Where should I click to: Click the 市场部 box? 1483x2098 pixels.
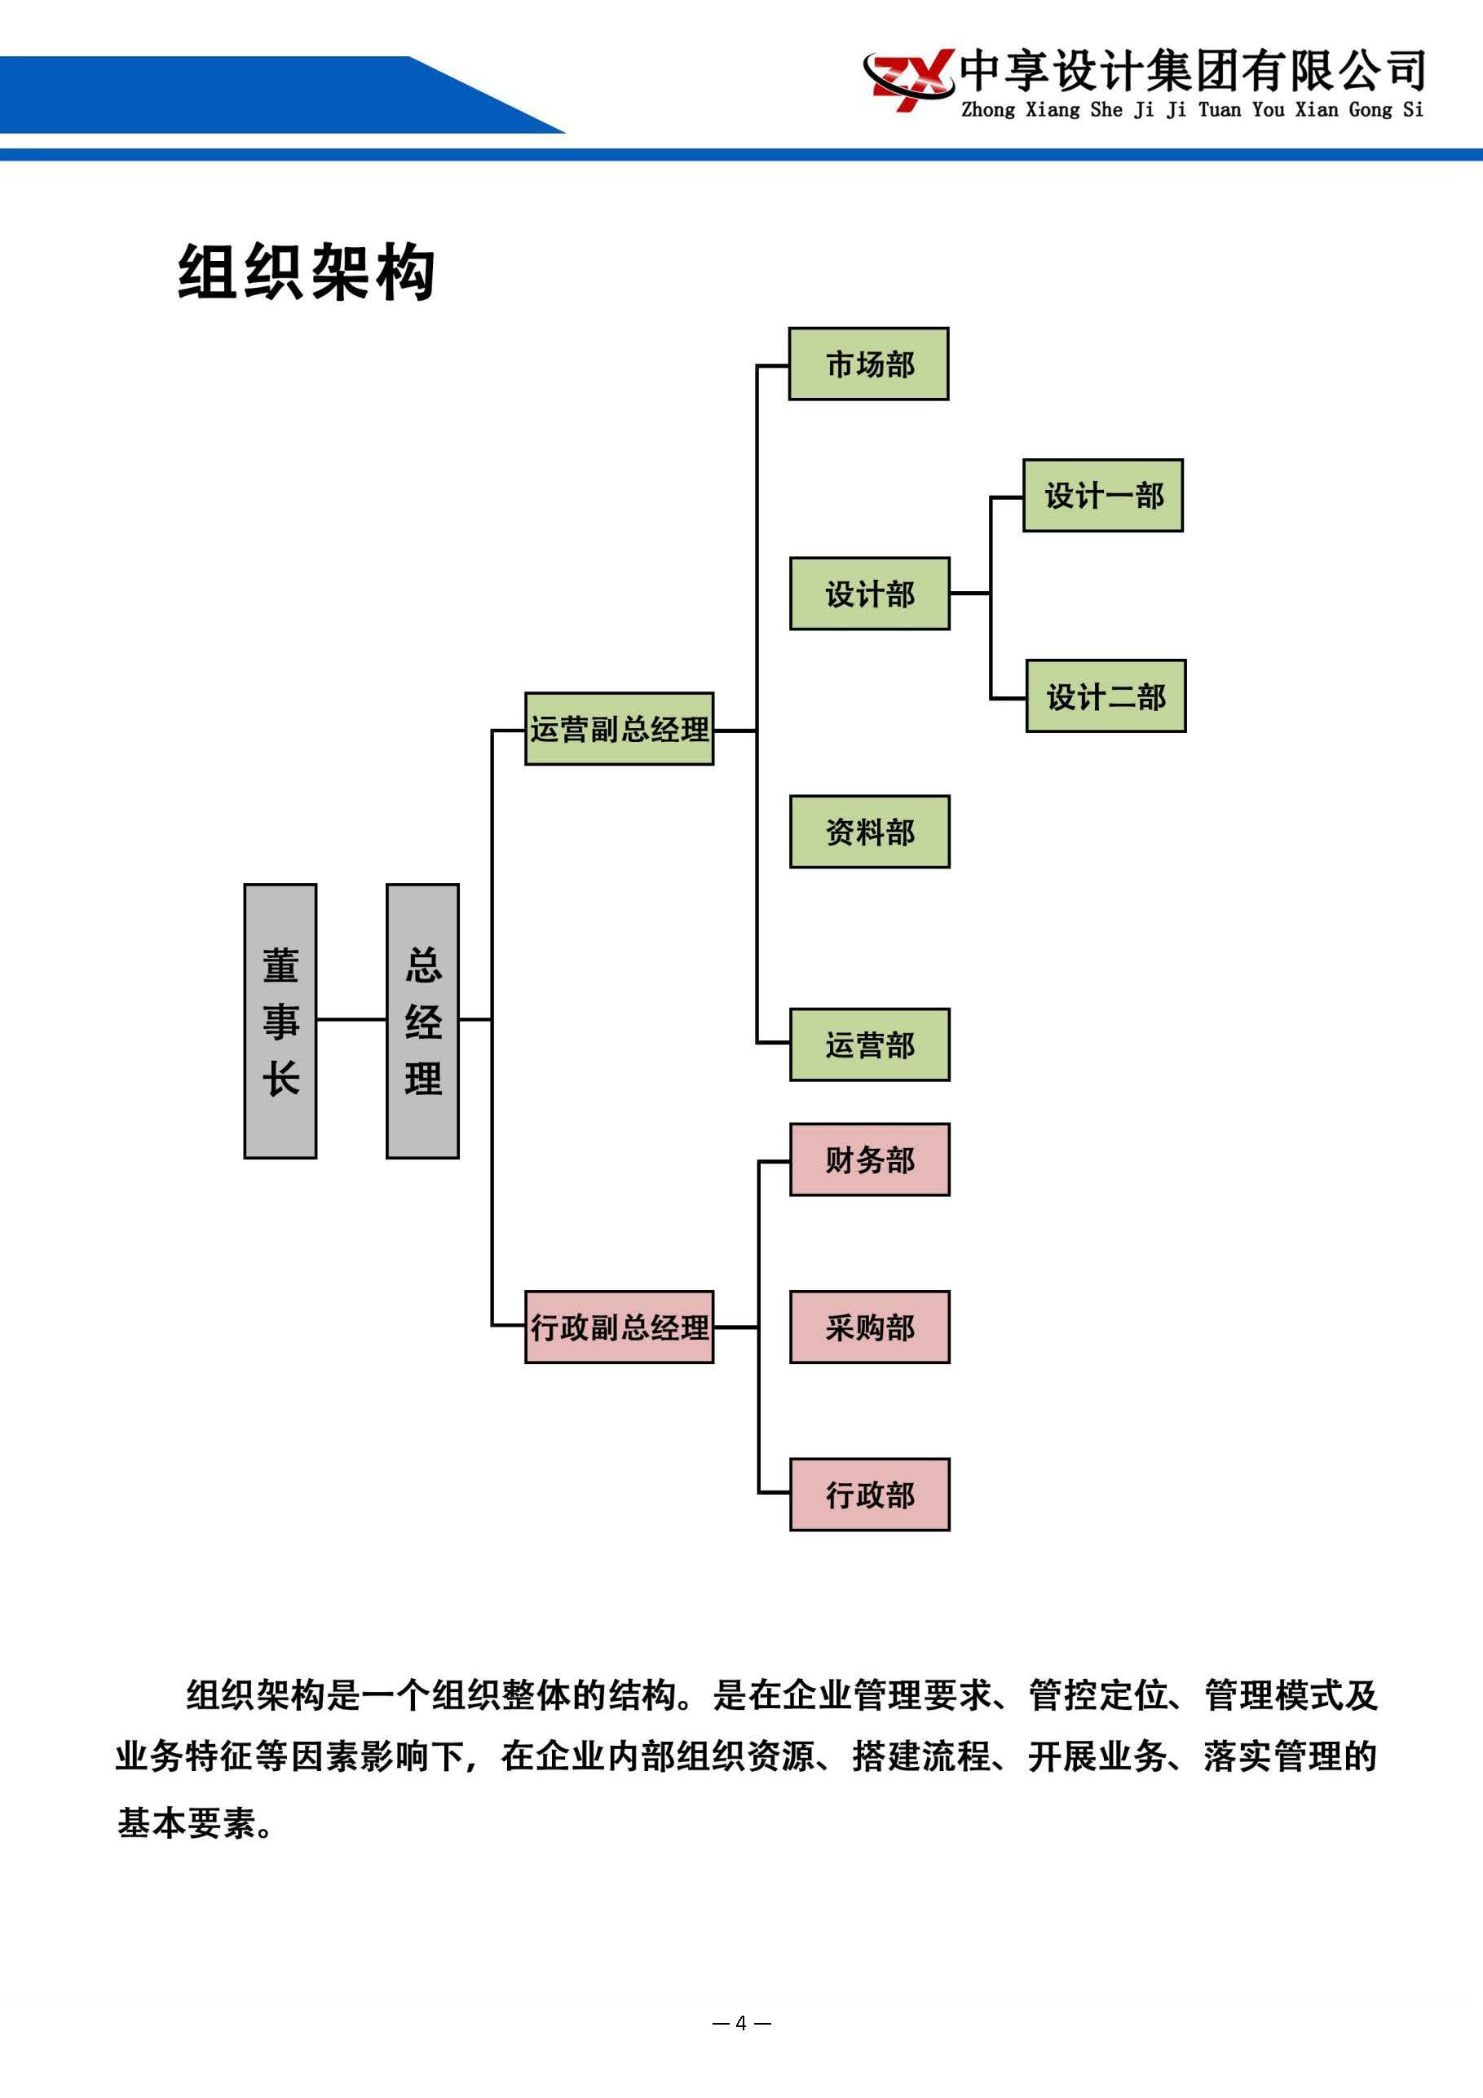pos(868,364)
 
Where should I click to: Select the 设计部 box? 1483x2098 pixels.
pos(869,593)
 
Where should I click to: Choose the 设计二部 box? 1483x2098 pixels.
pos(1105,696)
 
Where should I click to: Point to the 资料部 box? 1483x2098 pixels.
pos(869,832)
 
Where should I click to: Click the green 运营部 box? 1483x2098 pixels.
pos(869,1045)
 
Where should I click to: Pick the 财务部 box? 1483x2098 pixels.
pos(869,1159)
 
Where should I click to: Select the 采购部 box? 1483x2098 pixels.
pos(869,1327)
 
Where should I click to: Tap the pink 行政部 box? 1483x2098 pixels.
pos(869,1494)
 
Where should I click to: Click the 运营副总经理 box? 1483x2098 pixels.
pos(619,728)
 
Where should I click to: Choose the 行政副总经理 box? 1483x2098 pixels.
pos(619,1327)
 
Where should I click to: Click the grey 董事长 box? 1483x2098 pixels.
pos(280,1021)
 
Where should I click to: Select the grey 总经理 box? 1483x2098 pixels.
pos(422,1021)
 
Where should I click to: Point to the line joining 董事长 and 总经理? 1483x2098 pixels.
pos(351,1019)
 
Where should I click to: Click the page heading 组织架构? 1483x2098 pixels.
pos(306,272)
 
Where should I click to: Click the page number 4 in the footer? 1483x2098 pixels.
pos(741,2023)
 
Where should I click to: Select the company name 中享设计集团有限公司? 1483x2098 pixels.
pos(1191,69)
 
